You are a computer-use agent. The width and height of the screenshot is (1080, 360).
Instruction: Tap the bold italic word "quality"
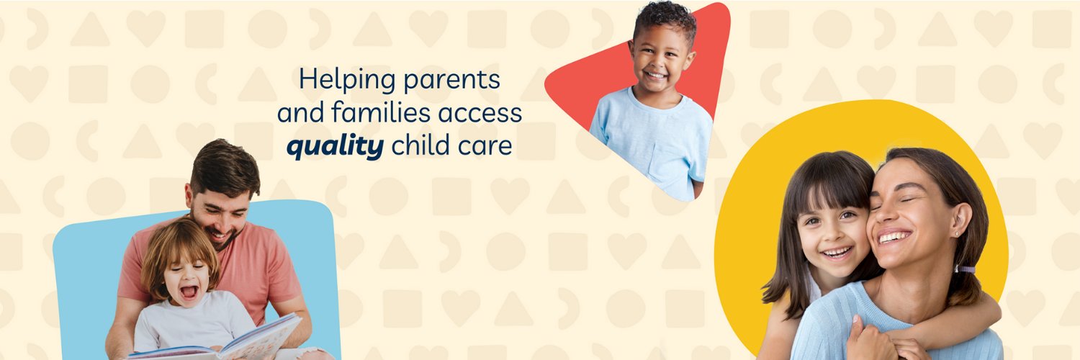[335, 146]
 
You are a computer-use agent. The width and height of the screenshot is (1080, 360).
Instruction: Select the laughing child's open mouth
[189, 292]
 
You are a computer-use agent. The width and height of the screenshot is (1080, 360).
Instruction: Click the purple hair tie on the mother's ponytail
[966, 269]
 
